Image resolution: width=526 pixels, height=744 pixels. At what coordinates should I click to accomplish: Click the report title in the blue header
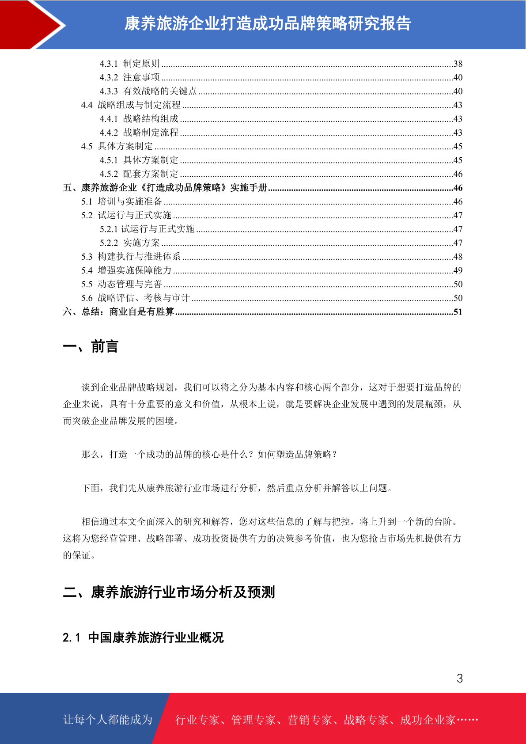pyautogui.click(x=268, y=24)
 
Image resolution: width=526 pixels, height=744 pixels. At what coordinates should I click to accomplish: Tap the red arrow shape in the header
pyautogui.click(x=31, y=24)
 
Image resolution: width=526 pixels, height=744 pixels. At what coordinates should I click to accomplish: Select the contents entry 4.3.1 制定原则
pyautogui.click(x=129, y=64)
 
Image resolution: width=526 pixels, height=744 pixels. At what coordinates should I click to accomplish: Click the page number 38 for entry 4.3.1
pyautogui.click(x=458, y=64)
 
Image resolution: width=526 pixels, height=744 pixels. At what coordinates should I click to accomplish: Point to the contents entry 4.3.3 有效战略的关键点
pyautogui.click(x=148, y=91)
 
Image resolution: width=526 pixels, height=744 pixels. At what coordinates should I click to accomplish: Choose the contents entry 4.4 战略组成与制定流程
pyautogui.click(x=131, y=105)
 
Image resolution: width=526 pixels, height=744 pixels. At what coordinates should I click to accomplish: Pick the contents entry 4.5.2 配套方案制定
pyautogui.click(x=139, y=174)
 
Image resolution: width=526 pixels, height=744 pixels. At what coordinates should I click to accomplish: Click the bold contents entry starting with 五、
pyautogui.click(x=165, y=188)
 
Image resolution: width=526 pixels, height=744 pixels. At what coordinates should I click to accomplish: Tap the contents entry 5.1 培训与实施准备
pyautogui.click(x=121, y=201)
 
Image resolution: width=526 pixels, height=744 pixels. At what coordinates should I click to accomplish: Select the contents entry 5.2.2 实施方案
pyautogui.click(x=129, y=243)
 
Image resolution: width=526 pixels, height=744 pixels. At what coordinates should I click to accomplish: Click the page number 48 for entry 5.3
pyautogui.click(x=458, y=257)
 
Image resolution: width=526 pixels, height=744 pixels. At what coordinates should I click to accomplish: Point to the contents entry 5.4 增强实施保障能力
pyautogui.click(x=126, y=270)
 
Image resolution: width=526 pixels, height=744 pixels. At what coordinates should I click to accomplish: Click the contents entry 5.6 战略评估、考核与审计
pyautogui.click(x=135, y=298)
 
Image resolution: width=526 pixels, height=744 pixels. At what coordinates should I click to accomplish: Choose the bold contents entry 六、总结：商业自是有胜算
pyautogui.click(x=118, y=312)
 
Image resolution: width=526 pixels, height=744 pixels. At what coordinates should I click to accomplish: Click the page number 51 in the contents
pyautogui.click(x=458, y=312)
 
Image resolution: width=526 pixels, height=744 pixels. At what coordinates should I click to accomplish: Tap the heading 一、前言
pyautogui.click(x=91, y=347)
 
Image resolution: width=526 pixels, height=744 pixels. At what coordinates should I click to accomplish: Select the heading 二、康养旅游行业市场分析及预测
pyautogui.click(x=169, y=592)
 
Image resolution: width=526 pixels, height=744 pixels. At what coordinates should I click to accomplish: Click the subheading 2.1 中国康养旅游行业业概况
pyautogui.click(x=143, y=638)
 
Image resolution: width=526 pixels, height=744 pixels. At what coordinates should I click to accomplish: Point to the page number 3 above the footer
pyautogui.click(x=460, y=678)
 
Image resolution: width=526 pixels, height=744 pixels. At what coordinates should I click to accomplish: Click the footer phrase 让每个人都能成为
pyautogui.click(x=108, y=720)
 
